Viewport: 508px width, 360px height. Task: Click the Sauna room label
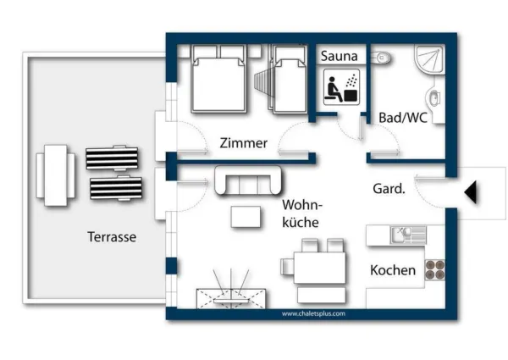[340, 56]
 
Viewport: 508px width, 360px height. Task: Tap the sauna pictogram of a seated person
[341, 87]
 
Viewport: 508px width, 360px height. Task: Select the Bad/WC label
[403, 118]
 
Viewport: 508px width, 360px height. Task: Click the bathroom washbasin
[433, 97]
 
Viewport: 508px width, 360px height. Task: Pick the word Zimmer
[244, 143]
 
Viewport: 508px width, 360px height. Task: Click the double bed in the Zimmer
[218, 79]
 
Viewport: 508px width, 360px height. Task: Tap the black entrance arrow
[471, 192]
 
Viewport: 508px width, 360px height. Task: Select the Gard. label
[389, 188]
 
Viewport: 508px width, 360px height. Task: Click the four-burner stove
[434, 270]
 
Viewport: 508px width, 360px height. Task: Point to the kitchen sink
[408, 235]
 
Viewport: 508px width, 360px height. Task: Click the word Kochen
[393, 270]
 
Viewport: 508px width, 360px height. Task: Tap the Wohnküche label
[302, 213]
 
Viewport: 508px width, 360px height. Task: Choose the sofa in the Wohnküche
[248, 180]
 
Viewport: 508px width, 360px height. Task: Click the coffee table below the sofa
[246, 217]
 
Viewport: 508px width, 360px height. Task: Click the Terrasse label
[112, 237]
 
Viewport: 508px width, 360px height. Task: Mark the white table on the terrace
[56, 175]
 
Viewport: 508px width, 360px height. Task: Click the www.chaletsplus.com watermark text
[313, 313]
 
